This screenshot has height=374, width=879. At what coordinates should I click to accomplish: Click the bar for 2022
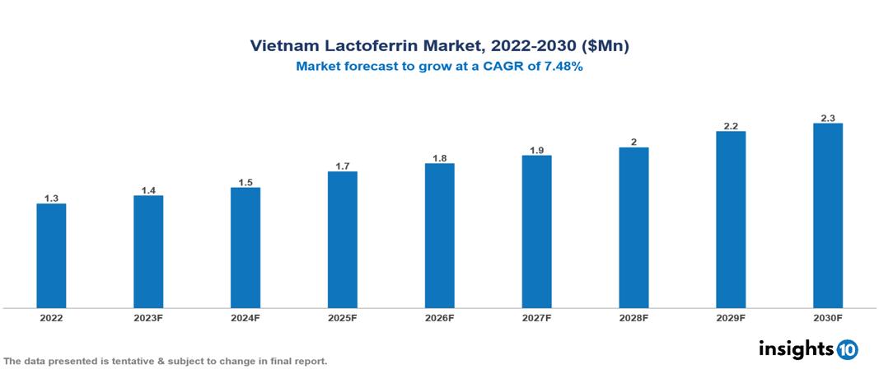(51, 255)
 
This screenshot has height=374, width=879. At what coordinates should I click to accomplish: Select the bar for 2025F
(342, 240)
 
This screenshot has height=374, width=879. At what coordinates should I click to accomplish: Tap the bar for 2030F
(827, 216)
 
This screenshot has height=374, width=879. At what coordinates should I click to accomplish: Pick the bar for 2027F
(536, 231)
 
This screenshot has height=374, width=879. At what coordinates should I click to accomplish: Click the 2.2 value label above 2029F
(731, 126)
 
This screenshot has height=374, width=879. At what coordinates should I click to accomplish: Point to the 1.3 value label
(51, 199)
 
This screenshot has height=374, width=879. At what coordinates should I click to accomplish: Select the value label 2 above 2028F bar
(634, 142)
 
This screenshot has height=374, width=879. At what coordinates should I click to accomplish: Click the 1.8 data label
(439, 158)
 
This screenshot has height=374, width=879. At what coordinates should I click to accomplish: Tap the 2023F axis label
(148, 318)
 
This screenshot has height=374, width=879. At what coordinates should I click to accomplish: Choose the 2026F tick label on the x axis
(439, 318)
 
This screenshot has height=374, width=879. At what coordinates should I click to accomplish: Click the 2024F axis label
(245, 318)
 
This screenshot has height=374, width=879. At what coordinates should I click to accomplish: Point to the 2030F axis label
(827, 318)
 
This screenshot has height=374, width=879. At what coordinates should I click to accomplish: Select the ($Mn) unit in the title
(604, 47)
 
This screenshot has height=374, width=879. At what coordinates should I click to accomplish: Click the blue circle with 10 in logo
(847, 349)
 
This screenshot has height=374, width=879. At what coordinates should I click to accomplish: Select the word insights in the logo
(796, 348)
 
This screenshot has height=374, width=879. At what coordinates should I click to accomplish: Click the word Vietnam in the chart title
(282, 47)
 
